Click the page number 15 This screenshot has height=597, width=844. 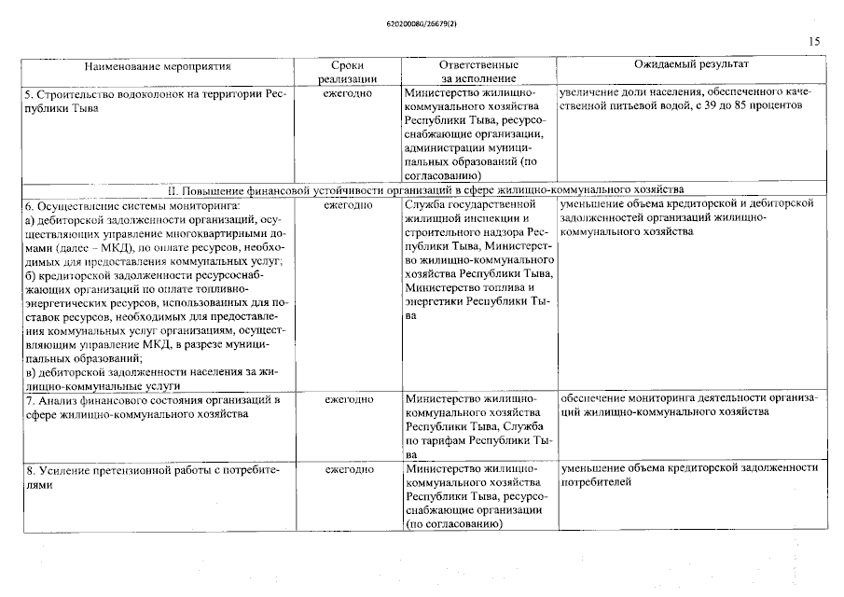pos(813,42)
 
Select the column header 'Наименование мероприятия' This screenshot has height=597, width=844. pos(158,66)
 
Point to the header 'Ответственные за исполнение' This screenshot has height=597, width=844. pos(478,72)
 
